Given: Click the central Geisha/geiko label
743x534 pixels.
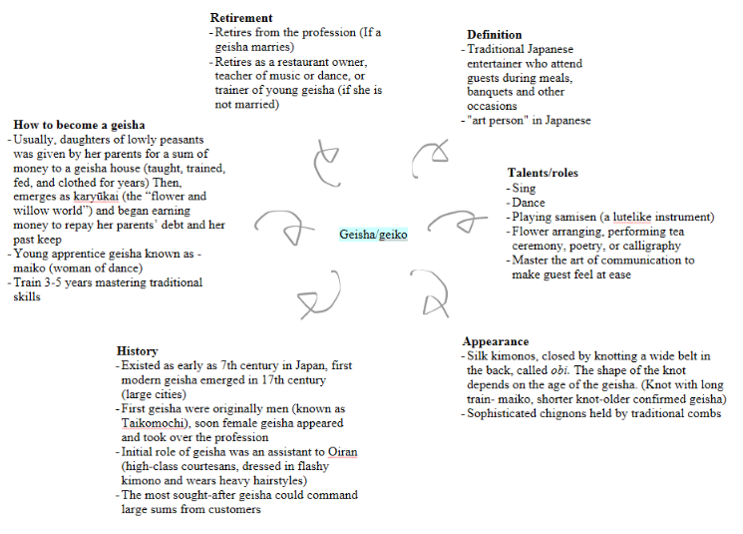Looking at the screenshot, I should tap(373, 235).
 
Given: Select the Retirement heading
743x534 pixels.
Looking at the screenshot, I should tap(241, 18).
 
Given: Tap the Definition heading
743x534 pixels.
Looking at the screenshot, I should tap(495, 35).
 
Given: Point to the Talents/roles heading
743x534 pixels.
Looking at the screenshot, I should tap(543, 173).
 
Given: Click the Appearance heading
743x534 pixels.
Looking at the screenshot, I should tap(496, 341).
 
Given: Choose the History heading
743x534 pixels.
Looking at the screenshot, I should tap(137, 351).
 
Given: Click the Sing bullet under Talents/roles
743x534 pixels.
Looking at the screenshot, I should tap(524, 188).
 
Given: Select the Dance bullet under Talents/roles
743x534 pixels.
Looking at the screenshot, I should tap(529, 203).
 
